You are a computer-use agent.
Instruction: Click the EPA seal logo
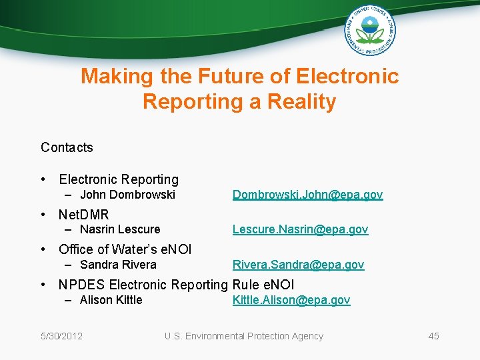pos(370,30)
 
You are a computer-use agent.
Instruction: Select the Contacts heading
pos(67,147)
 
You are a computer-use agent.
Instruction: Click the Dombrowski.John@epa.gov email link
pos(307,195)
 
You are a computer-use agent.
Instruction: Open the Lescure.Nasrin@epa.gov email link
pos(300,229)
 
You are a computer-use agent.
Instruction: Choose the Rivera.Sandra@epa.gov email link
pos(298,265)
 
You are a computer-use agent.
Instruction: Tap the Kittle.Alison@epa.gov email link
pos(291,300)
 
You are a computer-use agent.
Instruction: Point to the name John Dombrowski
pos(127,195)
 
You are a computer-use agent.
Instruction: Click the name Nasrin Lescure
pos(120,229)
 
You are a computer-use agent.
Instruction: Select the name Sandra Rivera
pos(118,265)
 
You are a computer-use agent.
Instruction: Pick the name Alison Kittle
pos(111,300)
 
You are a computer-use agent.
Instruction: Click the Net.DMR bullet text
pos(84,215)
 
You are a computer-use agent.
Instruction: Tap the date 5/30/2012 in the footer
pos(61,336)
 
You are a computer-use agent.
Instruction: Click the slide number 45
pos(433,336)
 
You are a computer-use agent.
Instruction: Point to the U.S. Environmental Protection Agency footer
pos(244,336)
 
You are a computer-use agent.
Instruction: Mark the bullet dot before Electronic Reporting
pos(43,179)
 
